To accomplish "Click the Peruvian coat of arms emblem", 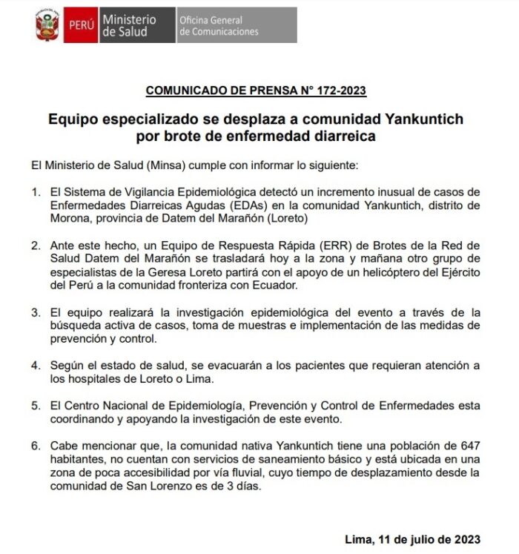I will click(47, 25).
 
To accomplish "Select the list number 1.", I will click(36, 193).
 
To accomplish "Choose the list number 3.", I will click(36, 312).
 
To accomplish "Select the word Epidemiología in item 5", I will click(210, 406).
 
